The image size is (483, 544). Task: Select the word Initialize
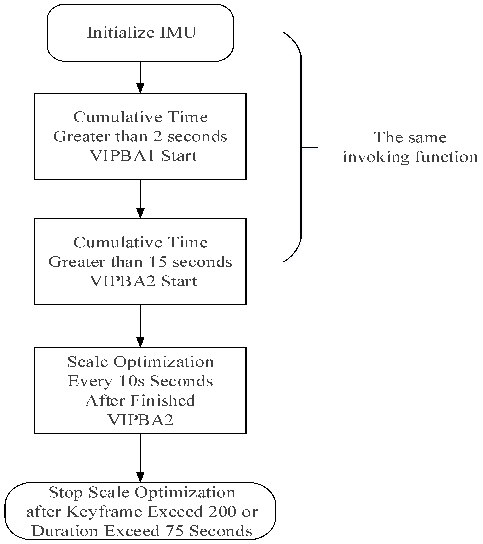(121, 32)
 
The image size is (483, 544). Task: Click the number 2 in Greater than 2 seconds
(158, 136)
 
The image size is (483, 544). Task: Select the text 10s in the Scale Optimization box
(131, 381)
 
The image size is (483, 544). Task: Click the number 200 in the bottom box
(222, 512)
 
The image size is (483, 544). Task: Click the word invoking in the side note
(376, 157)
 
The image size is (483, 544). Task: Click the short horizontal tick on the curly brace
(310, 147)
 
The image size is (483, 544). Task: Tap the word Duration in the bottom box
(65, 531)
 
